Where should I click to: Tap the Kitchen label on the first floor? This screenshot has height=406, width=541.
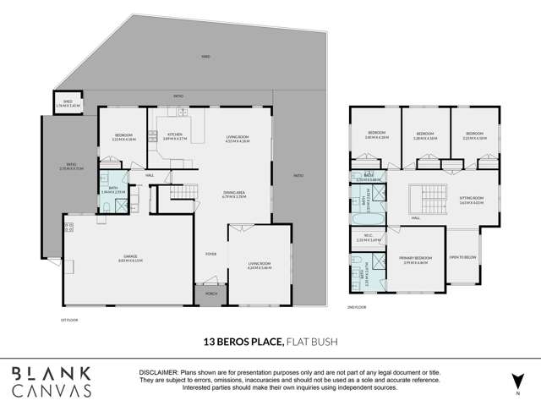[176, 136]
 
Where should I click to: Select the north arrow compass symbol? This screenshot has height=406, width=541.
[515, 381]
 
